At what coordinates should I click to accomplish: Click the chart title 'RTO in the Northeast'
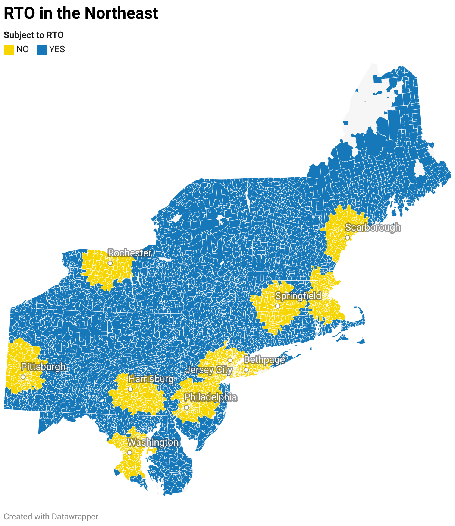[81, 13]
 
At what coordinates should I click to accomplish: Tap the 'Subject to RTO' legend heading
[34, 35]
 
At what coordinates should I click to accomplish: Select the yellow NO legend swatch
[9, 50]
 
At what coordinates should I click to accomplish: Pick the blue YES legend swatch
[42, 50]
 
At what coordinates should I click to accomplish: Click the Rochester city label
[130, 253]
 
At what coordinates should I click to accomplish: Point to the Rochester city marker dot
[110, 263]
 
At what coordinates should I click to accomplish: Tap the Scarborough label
[373, 227]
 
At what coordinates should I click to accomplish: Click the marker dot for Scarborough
[347, 238]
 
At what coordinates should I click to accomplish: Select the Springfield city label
[298, 296]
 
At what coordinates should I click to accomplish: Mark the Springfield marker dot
[277, 306]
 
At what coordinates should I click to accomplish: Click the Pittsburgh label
[43, 367]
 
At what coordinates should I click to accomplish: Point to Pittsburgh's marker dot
[23, 377]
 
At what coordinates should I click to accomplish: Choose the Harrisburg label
[151, 379]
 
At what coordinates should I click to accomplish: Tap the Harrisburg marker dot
[130, 389]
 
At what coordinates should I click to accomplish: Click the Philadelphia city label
[210, 397]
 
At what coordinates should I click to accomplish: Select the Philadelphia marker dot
[186, 408]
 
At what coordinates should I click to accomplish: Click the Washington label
[153, 442]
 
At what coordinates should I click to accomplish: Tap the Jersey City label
[209, 370]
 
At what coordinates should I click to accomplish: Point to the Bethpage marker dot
[246, 370]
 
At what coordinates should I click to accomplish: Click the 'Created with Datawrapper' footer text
[51, 517]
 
